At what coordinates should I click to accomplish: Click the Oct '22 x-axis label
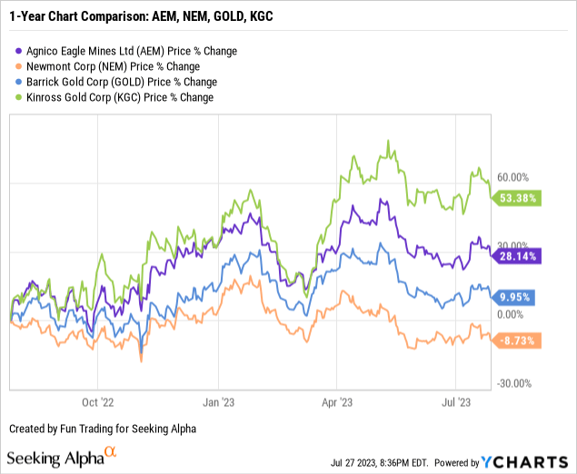[x=96, y=400]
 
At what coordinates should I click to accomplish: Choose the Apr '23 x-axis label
[x=337, y=400]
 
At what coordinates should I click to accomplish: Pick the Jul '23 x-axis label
[x=457, y=400]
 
